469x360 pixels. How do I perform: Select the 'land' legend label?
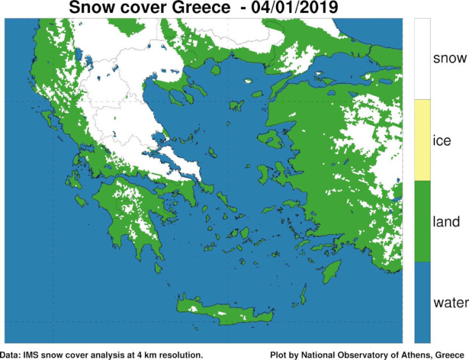pos(445,221)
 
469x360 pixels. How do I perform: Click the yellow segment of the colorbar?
pos(422,140)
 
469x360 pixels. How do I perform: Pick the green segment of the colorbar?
pos(422,221)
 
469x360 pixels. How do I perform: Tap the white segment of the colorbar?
pos(422,59)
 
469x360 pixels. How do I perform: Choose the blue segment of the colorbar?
pos(422,302)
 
